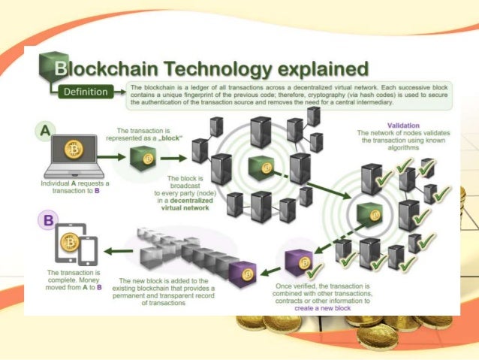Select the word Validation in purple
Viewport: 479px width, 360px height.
pyautogui.click(x=402, y=125)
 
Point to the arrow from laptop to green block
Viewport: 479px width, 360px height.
pyautogui.click(x=110, y=158)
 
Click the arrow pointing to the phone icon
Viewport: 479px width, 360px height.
pyautogui.click(x=119, y=250)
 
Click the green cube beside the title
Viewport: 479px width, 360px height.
pyautogui.click(x=50, y=67)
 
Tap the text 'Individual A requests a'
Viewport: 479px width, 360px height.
pyautogui.click(x=74, y=183)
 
